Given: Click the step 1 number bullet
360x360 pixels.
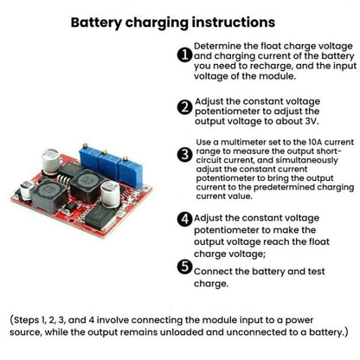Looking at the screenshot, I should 183,55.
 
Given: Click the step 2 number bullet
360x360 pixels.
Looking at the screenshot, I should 183,108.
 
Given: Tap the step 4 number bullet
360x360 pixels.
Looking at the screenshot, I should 183,219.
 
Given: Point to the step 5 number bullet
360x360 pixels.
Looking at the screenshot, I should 183,268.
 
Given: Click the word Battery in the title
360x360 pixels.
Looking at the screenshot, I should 98,22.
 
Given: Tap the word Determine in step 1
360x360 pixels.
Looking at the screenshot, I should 221,44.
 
